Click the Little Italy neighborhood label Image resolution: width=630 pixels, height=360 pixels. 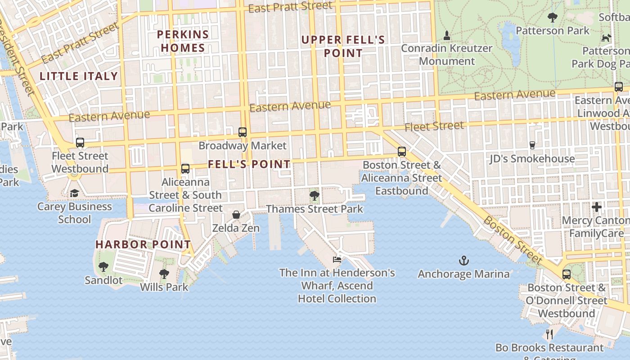click(79, 76)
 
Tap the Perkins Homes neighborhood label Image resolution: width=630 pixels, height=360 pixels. click(183, 41)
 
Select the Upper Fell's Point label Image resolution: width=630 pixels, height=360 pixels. click(343, 46)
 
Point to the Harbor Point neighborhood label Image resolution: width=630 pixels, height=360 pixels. click(143, 244)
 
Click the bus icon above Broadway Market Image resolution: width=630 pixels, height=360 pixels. click(243, 132)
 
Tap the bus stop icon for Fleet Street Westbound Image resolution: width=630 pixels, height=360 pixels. click(80, 143)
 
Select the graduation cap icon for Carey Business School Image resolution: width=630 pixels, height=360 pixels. click(74, 193)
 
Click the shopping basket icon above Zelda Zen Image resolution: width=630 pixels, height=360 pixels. click(236, 215)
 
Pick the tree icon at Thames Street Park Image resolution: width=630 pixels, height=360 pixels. click(314, 196)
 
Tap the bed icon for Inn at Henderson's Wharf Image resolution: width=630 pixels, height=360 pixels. click(337, 259)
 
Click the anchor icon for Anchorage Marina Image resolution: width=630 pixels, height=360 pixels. click(463, 261)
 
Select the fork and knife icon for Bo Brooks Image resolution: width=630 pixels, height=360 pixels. click(549, 334)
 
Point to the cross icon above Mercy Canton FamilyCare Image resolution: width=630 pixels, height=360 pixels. click(597, 207)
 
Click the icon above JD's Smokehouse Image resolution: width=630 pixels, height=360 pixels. click(532, 145)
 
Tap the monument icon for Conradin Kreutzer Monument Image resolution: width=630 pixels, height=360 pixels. click(447, 35)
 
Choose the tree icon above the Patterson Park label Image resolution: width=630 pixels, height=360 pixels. click(552, 18)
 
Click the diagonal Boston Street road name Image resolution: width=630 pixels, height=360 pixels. click(513, 240)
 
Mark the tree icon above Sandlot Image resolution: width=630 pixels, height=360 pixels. click(103, 267)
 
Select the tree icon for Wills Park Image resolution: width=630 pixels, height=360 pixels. click(164, 274)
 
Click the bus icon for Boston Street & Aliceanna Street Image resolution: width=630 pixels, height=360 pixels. click(402, 152)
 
